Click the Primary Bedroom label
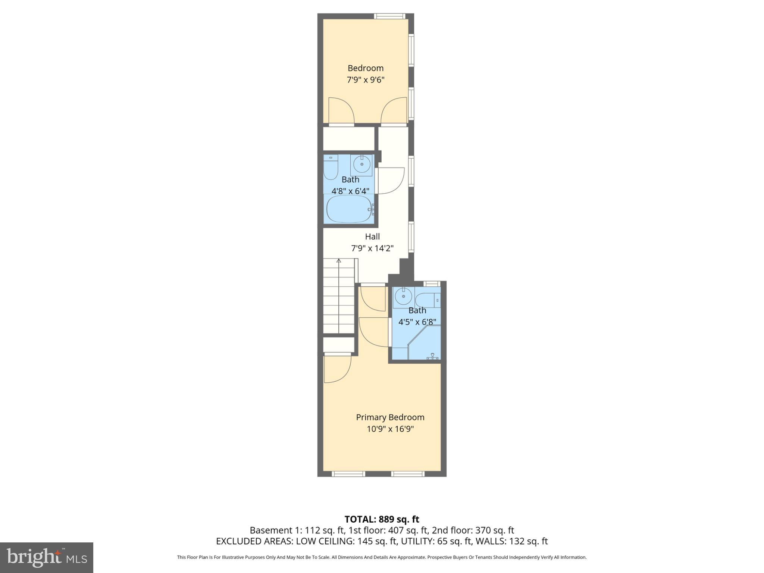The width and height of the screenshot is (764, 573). coord(390,417)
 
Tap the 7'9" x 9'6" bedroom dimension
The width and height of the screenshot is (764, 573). coord(365,79)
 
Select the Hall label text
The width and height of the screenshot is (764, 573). coord(372,237)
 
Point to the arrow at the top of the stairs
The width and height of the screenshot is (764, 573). coord(339,261)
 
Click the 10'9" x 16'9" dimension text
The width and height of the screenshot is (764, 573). coord(390,429)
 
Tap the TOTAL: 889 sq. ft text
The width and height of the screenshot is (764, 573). coord(382,519)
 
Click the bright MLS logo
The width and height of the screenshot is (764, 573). coord(46,557)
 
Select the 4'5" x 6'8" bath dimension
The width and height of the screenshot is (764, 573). coord(417,322)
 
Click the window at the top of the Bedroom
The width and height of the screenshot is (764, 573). coord(389,16)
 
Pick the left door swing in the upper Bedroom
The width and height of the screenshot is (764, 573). coord(341,110)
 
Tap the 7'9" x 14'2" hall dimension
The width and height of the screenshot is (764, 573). coord(372,248)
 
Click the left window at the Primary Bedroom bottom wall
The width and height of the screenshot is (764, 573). coord(348,474)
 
